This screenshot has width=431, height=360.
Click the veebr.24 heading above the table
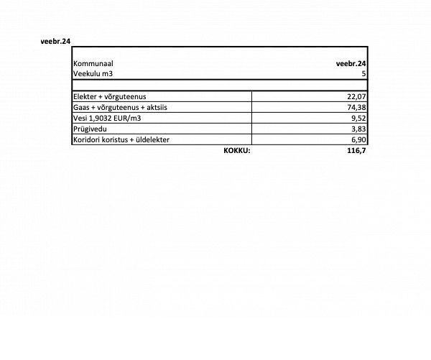[55, 42]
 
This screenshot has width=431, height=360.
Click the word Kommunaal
[93, 63]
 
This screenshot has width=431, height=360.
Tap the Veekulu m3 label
[93, 74]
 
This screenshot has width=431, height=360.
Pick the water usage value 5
[365, 74]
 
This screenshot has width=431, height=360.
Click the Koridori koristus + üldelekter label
[121, 139]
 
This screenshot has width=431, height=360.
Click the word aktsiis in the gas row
[163, 107]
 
